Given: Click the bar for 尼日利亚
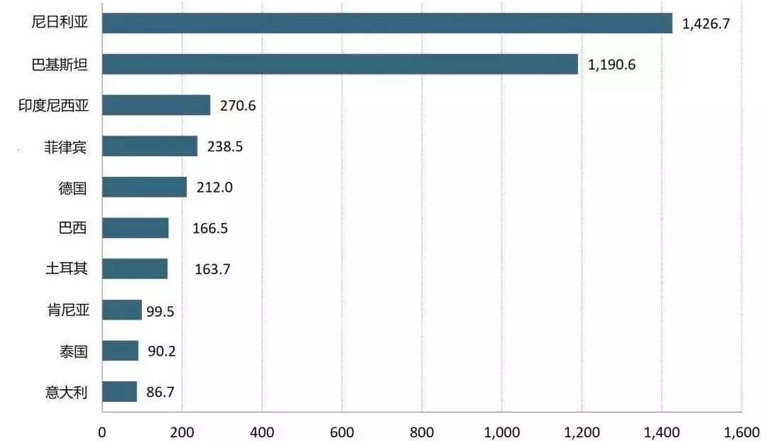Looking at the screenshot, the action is [x=388, y=23].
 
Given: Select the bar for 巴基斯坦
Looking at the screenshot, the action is [x=340, y=64].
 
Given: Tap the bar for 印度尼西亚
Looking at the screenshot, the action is [x=156, y=105].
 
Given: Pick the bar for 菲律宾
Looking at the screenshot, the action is [x=150, y=146].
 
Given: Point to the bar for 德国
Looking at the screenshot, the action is [x=145, y=187].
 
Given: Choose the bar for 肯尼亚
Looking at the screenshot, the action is [x=122, y=310].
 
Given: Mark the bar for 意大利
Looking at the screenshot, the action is [x=120, y=391].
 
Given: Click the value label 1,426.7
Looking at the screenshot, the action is [x=706, y=23].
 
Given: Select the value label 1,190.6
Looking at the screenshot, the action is [x=611, y=65].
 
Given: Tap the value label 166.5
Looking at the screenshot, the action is [x=210, y=229].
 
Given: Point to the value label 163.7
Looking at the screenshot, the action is [x=212, y=269].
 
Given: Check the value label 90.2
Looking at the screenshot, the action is [x=161, y=351].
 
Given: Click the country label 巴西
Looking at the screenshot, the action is [x=72, y=228].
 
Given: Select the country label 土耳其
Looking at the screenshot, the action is [x=67, y=268].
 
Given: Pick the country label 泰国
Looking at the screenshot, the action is [x=73, y=351].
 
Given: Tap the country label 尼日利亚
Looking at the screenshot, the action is [x=60, y=22].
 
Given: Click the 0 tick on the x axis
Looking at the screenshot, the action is [x=102, y=432].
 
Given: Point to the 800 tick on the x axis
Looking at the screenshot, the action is [x=422, y=432].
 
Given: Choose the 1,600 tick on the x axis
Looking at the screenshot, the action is [x=741, y=432].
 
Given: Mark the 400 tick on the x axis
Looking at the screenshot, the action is [x=261, y=432].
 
